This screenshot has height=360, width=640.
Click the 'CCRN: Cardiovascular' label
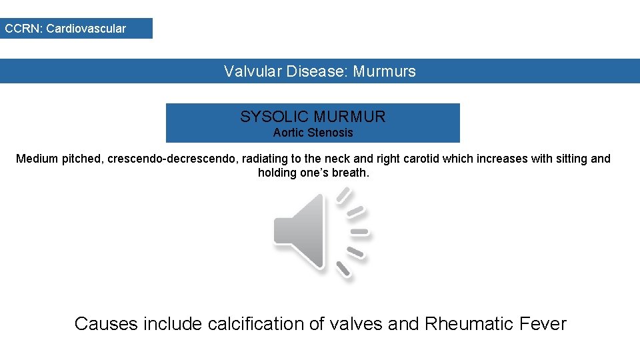65,29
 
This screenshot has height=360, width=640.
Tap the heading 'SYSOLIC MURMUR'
313,117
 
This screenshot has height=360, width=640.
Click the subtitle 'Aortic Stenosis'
313,133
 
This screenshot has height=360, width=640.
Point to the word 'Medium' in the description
37,159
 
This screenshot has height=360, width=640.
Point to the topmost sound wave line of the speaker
344,195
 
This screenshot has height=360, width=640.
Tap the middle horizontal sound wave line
359,232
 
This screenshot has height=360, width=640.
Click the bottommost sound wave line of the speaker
343,269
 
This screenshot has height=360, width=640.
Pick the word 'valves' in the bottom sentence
353,324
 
